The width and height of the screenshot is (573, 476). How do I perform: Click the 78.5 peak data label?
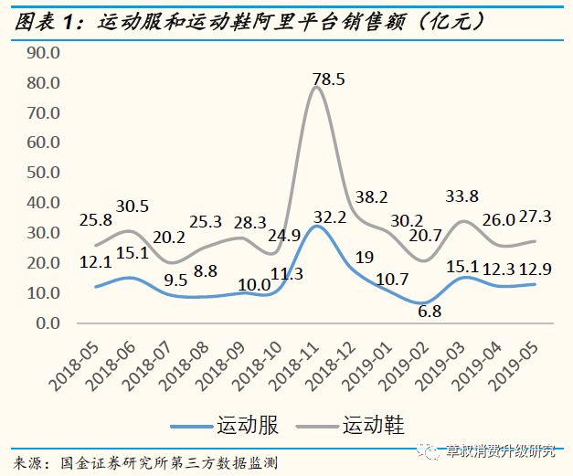328,79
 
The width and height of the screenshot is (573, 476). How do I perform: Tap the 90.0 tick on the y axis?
44,53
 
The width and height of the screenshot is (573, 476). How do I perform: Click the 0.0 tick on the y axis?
48,323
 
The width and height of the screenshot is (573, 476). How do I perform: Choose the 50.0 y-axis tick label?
44,173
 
